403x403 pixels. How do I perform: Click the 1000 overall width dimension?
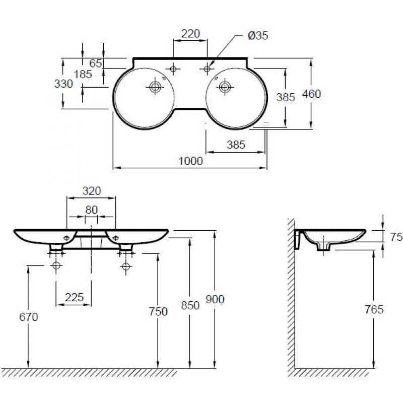pos(190,161)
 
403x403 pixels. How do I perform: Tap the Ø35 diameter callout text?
pos(258,35)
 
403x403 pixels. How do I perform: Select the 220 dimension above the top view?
pos(190,34)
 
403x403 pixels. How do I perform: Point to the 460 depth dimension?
pos(311,94)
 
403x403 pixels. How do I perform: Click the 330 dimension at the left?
pos(63,84)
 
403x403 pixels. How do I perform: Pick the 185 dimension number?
pos(83,74)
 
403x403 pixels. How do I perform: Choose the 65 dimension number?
pos(96,63)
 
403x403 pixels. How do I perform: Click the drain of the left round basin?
pos(155,87)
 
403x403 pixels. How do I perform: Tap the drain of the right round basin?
pos(225,87)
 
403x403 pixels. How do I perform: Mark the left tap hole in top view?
pos(173,69)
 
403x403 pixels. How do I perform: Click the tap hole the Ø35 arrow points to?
pos(207,69)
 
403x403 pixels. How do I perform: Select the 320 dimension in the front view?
pos(92,191)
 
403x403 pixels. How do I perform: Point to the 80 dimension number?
pos(92,210)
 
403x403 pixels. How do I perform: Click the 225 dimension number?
pos(74,297)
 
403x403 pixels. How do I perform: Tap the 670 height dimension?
pos(29,317)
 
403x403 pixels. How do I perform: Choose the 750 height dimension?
pos(158,311)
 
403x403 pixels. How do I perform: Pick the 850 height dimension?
pos(190,306)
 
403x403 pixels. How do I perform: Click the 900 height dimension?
pos(215,299)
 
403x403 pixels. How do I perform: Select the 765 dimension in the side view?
pos(374,309)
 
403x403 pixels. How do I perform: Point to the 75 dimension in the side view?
pos(396,237)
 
